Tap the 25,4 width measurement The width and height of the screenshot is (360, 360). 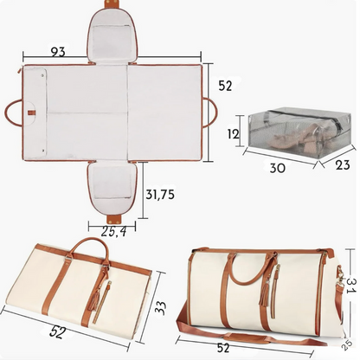click(x=113, y=231)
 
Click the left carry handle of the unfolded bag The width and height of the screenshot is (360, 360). click(x=14, y=112)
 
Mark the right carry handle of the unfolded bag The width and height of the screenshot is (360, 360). click(x=211, y=112)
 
